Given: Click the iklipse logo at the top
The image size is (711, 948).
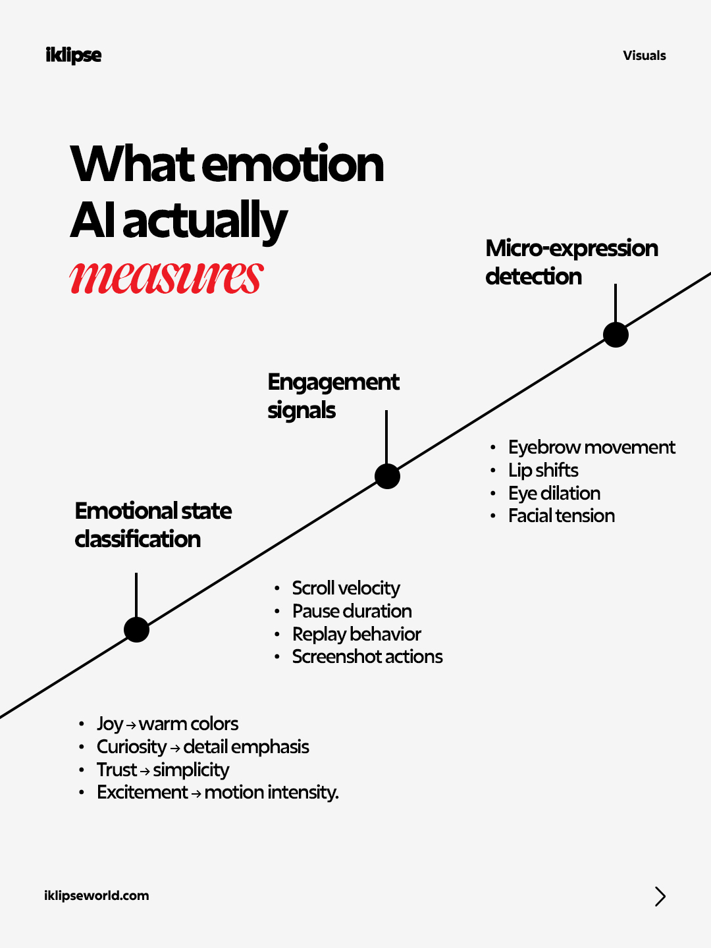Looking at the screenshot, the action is click(73, 55).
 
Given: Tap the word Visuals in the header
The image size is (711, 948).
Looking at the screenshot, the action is click(644, 55).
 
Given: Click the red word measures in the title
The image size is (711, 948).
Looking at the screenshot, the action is click(167, 278).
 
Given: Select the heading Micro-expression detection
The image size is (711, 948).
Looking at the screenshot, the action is click(571, 262).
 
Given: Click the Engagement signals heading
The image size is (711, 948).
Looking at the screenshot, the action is click(333, 396).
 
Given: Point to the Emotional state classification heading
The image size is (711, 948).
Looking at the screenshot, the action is click(153, 525).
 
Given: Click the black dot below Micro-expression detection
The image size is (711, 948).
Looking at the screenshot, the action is click(616, 334).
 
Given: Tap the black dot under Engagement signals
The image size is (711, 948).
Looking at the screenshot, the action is click(387, 477).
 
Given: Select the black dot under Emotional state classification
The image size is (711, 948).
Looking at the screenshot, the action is click(136, 630).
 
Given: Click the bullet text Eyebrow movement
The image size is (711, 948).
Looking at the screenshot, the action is click(591, 448).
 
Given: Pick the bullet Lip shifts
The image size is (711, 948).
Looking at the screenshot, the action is click(543, 470).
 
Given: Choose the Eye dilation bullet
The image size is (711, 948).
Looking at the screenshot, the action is click(554, 493).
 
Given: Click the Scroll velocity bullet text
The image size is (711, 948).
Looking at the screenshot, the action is click(346, 589).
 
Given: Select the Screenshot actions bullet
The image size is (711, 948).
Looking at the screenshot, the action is click(367, 656).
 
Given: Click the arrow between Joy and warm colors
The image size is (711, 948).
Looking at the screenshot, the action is click(131, 725).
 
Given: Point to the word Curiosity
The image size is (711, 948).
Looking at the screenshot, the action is click(132, 747).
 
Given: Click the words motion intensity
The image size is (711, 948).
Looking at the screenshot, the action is click(271, 792).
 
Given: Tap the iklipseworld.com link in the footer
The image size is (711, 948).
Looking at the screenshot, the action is click(97, 895).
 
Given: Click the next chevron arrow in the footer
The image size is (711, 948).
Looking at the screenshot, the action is click(660, 896).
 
